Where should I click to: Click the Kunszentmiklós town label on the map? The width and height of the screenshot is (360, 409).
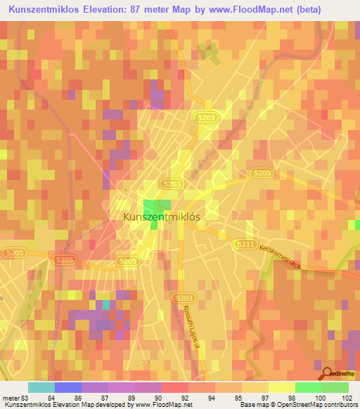coord(162,217)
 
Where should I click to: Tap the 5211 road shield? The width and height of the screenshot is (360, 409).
coord(243,243)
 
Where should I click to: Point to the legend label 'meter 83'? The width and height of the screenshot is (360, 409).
coord(15,398)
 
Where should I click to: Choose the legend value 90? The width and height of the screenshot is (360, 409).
coord(157,398)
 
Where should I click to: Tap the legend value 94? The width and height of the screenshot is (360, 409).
coord(211,398)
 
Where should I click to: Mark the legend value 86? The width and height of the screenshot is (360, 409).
coord(77,398)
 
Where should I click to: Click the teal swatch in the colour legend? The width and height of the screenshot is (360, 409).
coord(41,387)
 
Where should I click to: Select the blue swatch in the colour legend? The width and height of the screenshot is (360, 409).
coord(67,387)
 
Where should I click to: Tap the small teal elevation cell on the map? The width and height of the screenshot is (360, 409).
coord(106,305)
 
